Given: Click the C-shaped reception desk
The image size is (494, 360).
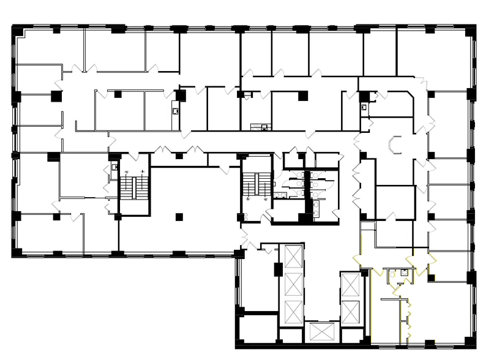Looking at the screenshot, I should (x=395, y=144).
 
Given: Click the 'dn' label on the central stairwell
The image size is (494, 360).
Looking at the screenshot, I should (x=265, y=199).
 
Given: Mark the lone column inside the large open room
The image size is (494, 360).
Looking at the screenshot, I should (x=178, y=216).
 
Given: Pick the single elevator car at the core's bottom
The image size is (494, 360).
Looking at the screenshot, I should (x=321, y=332).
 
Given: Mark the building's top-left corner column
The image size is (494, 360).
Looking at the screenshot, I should (x=18, y=31).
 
